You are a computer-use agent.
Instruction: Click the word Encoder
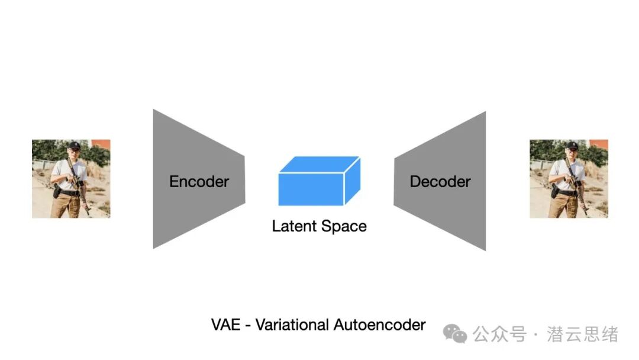tap(199, 181)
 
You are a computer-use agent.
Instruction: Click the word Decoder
tap(440, 181)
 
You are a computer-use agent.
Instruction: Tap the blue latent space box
tap(319, 181)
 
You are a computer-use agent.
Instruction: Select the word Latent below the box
tap(294, 226)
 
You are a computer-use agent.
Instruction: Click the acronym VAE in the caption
tap(226, 325)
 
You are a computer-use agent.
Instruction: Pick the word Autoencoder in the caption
tap(379, 325)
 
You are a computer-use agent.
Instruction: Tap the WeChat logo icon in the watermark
tap(455, 333)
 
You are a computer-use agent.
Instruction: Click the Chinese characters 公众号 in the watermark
tap(499, 334)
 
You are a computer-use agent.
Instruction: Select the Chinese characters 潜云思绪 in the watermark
tap(583, 334)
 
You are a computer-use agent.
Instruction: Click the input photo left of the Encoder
tap(72, 179)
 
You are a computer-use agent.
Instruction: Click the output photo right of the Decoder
tap(569, 179)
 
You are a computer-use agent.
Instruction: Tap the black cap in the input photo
tap(74, 145)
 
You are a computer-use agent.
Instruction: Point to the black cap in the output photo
tap(572, 145)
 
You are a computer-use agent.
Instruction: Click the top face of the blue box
tap(319, 164)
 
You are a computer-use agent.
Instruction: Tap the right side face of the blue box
tap(353, 181)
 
